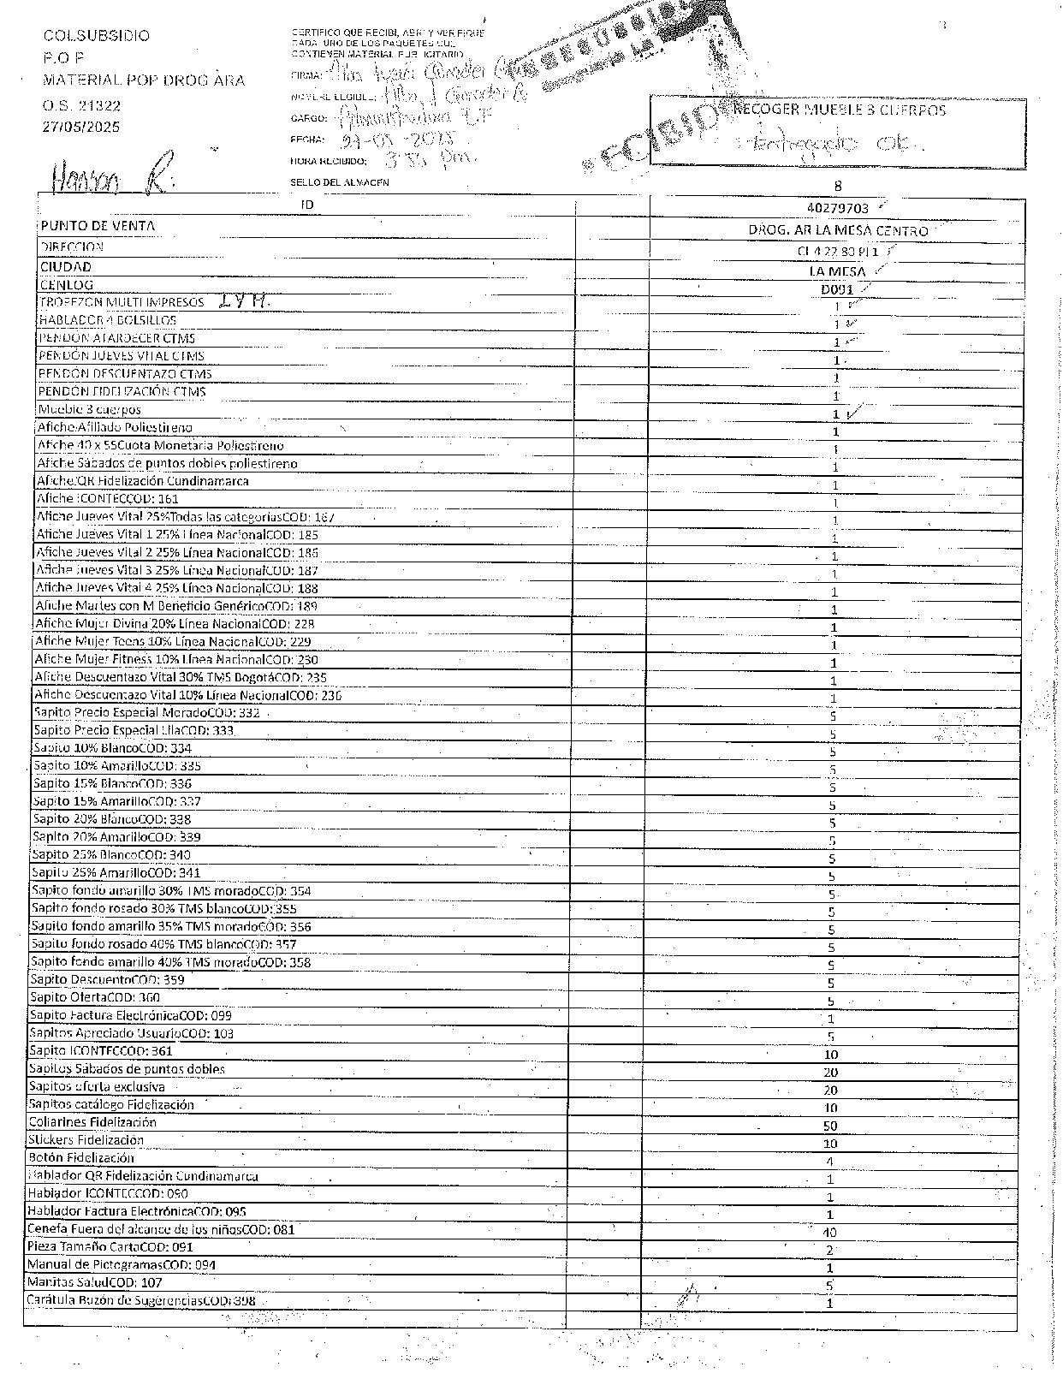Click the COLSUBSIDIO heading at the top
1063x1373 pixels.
tap(97, 36)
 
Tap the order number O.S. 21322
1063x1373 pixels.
tap(82, 106)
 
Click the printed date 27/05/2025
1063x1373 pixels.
tap(82, 127)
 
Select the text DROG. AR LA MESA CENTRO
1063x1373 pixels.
tap(838, 231)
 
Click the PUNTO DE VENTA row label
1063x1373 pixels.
tap(97, 226)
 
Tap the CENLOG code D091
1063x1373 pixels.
tap(838, 289)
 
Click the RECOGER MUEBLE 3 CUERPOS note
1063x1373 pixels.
tap(840, 110)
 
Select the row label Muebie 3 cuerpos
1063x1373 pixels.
tap(90, 410)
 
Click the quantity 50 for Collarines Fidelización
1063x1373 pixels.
tap(829, 1126)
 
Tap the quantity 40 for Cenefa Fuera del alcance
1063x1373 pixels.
tap(829, 1233)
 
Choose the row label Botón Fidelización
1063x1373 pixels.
tap(81, 1158)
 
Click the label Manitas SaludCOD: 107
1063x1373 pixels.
tap(94, 1283)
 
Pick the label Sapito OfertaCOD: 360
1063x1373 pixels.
tap(95, 997)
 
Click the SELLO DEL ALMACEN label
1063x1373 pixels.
tap(340, 182)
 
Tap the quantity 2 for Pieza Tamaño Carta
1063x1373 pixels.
tap(829, 1251)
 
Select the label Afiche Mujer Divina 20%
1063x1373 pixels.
tap(175, 624)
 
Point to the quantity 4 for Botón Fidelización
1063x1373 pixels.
tap(829, 1162)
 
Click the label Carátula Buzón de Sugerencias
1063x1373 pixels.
tap(141, 1301)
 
